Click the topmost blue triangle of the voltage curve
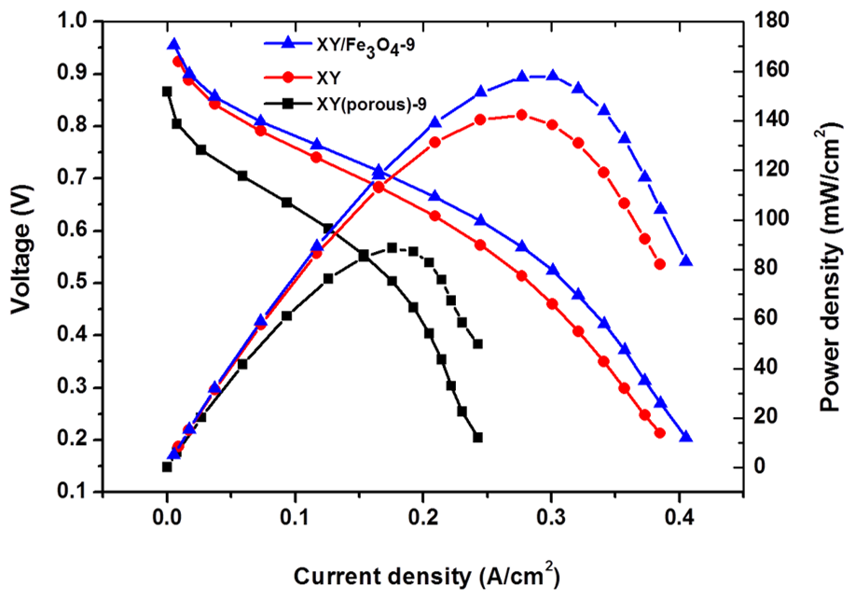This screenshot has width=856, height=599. (173, 44)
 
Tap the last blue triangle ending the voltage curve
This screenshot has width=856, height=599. (686, 437)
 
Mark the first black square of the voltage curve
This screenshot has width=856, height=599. (167, 91)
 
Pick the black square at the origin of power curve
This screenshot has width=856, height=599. (167, 467)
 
